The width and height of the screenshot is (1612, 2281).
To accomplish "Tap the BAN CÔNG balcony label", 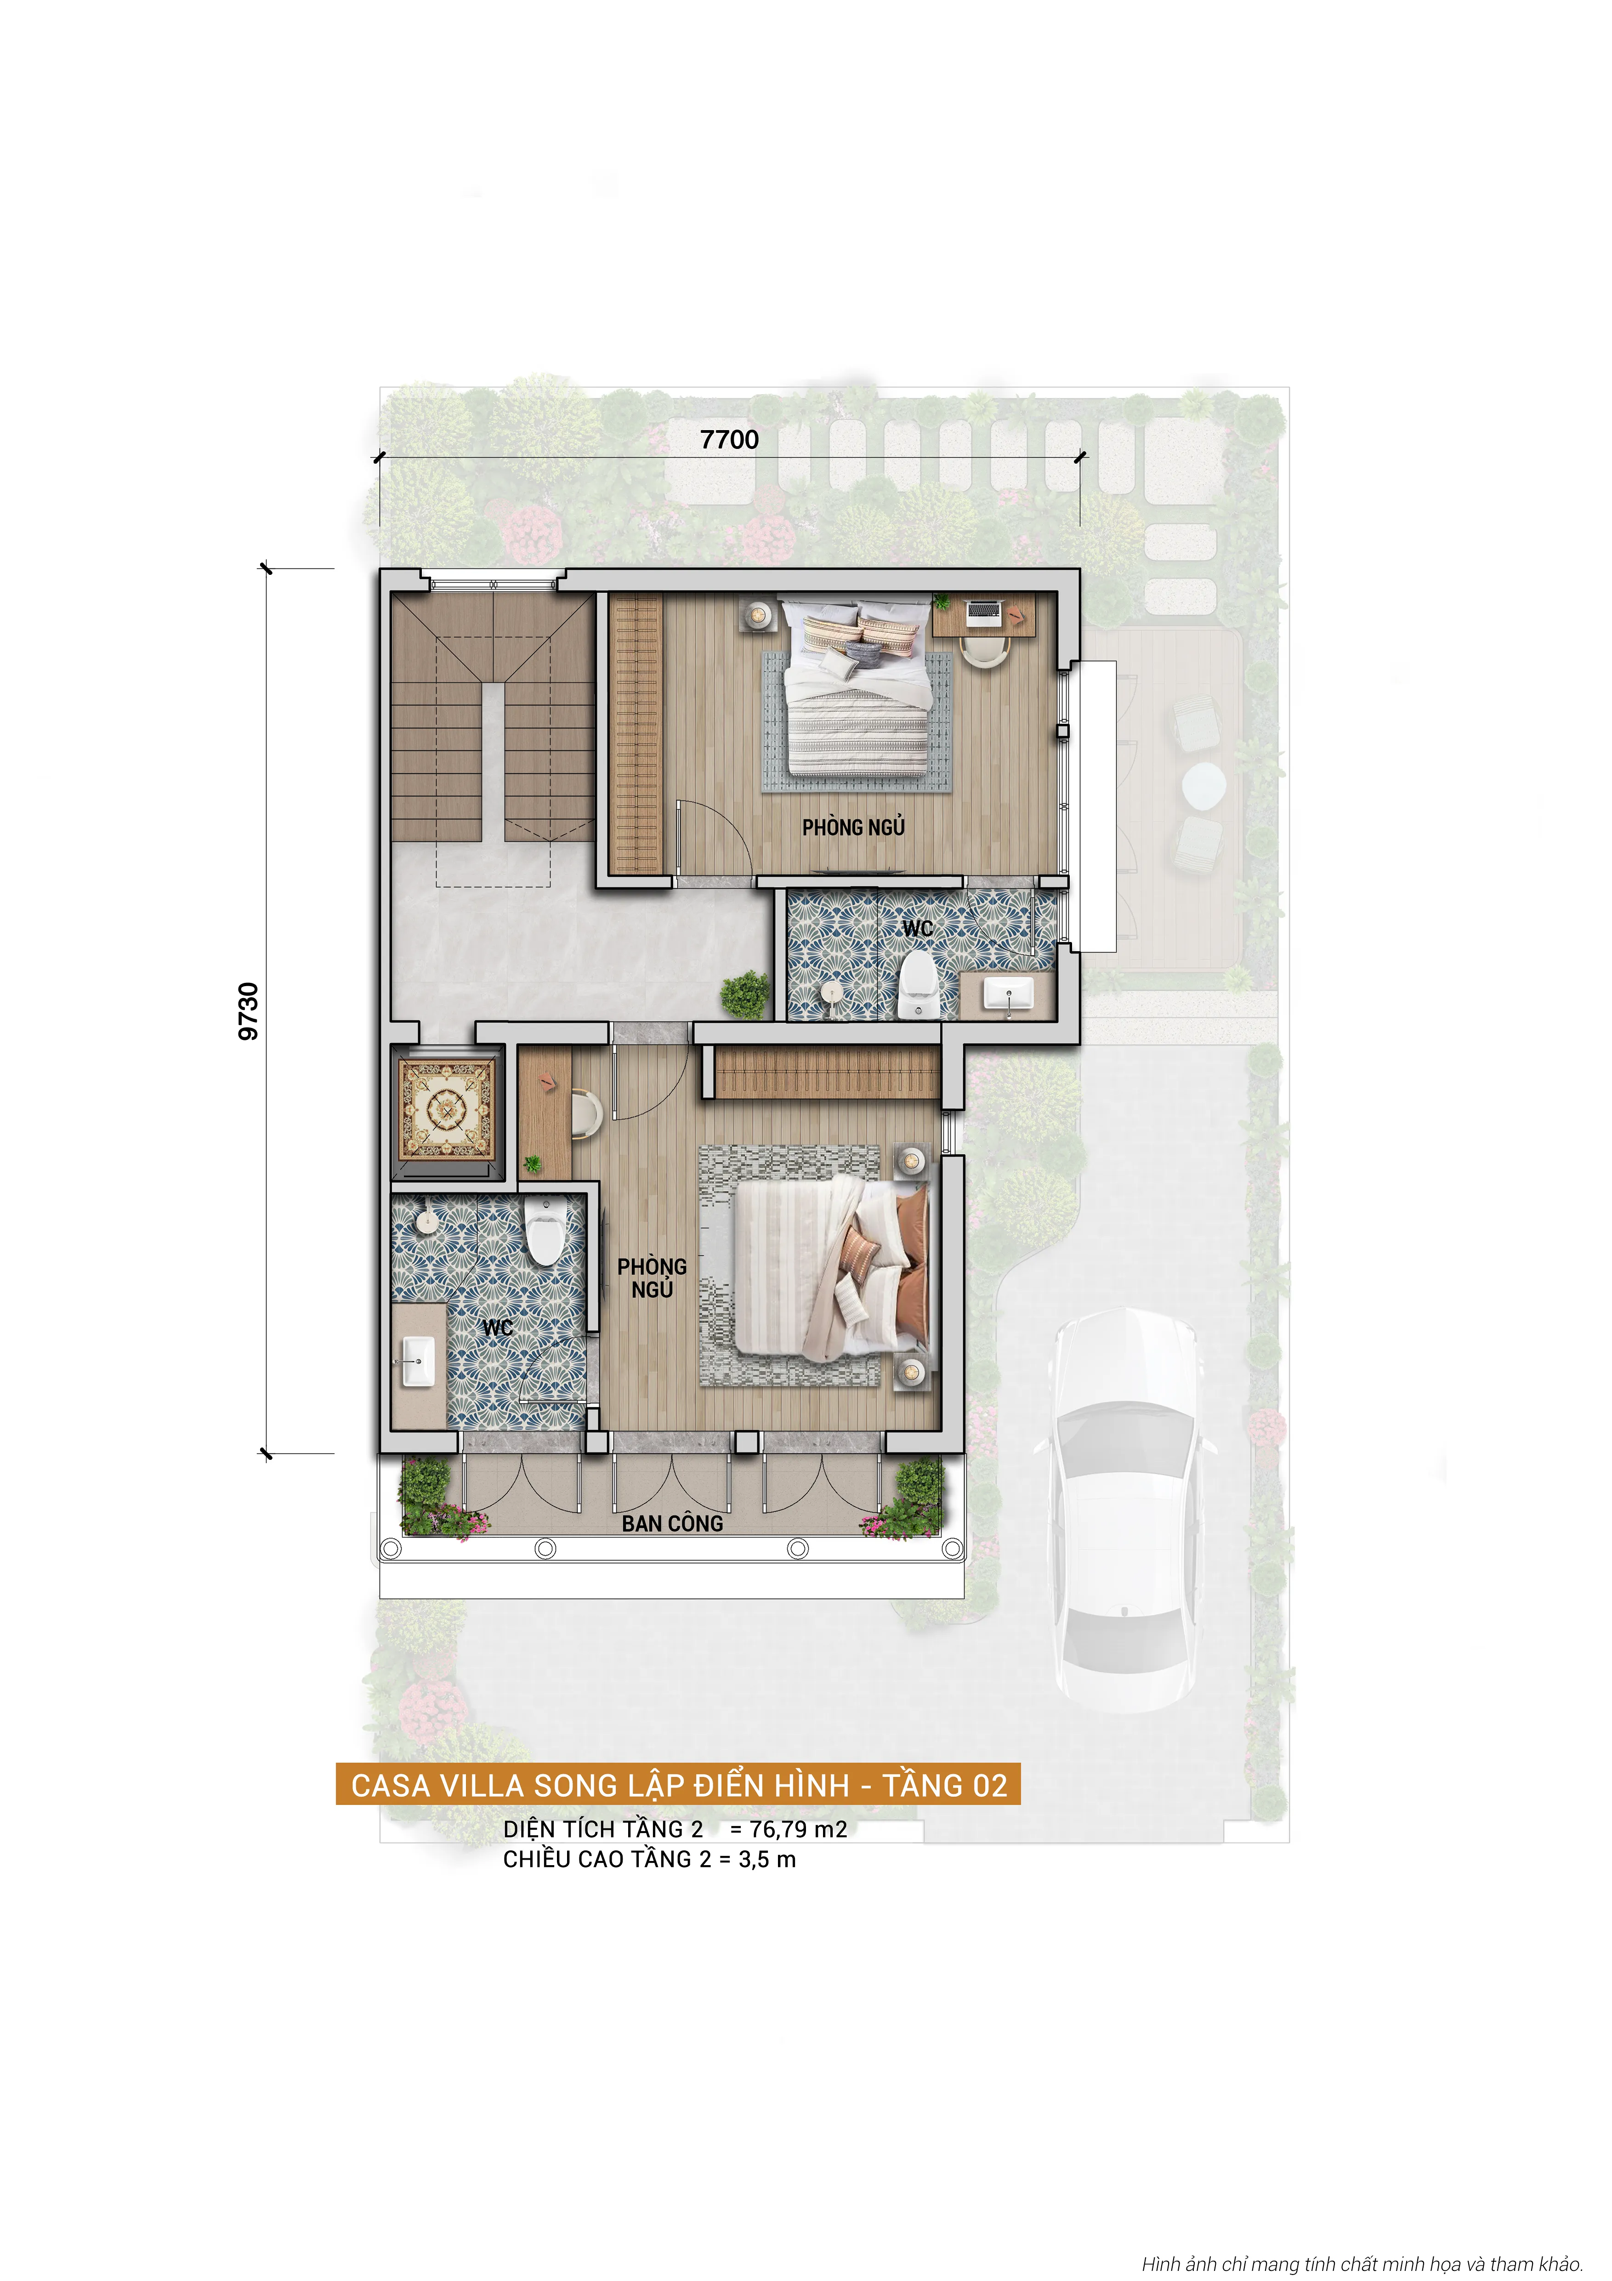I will (x=672, y=1523).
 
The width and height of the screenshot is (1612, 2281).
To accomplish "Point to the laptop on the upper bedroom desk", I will (x=983, y=611).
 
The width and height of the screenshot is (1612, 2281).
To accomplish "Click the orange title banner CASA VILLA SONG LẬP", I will (x=678, y=1785).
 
